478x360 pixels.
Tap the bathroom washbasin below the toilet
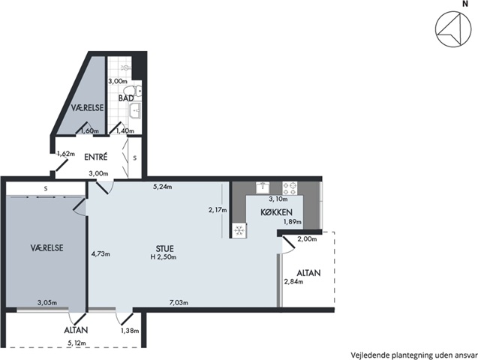[135, 110]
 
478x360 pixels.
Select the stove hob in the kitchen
[290, 188]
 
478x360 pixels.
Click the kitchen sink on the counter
[262, 187]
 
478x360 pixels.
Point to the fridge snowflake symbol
[239, 230]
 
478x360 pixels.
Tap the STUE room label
[164, 248]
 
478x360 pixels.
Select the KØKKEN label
[276, 212]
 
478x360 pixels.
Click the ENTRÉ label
[96, 157]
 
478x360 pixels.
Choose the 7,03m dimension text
[179, 302]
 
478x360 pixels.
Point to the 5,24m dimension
[163, 187]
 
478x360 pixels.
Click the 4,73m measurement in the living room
[101, 253]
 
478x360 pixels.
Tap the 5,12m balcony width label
[77, 343]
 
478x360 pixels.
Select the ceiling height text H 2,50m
[164, 257]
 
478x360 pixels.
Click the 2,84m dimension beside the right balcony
[293, 282]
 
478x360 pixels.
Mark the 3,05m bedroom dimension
[47, 303]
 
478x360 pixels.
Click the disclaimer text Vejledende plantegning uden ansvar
[414, 355]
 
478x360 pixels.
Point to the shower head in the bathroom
[125, 67]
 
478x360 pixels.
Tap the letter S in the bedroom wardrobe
[46, 189]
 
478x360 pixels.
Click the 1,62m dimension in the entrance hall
[66, 154]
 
